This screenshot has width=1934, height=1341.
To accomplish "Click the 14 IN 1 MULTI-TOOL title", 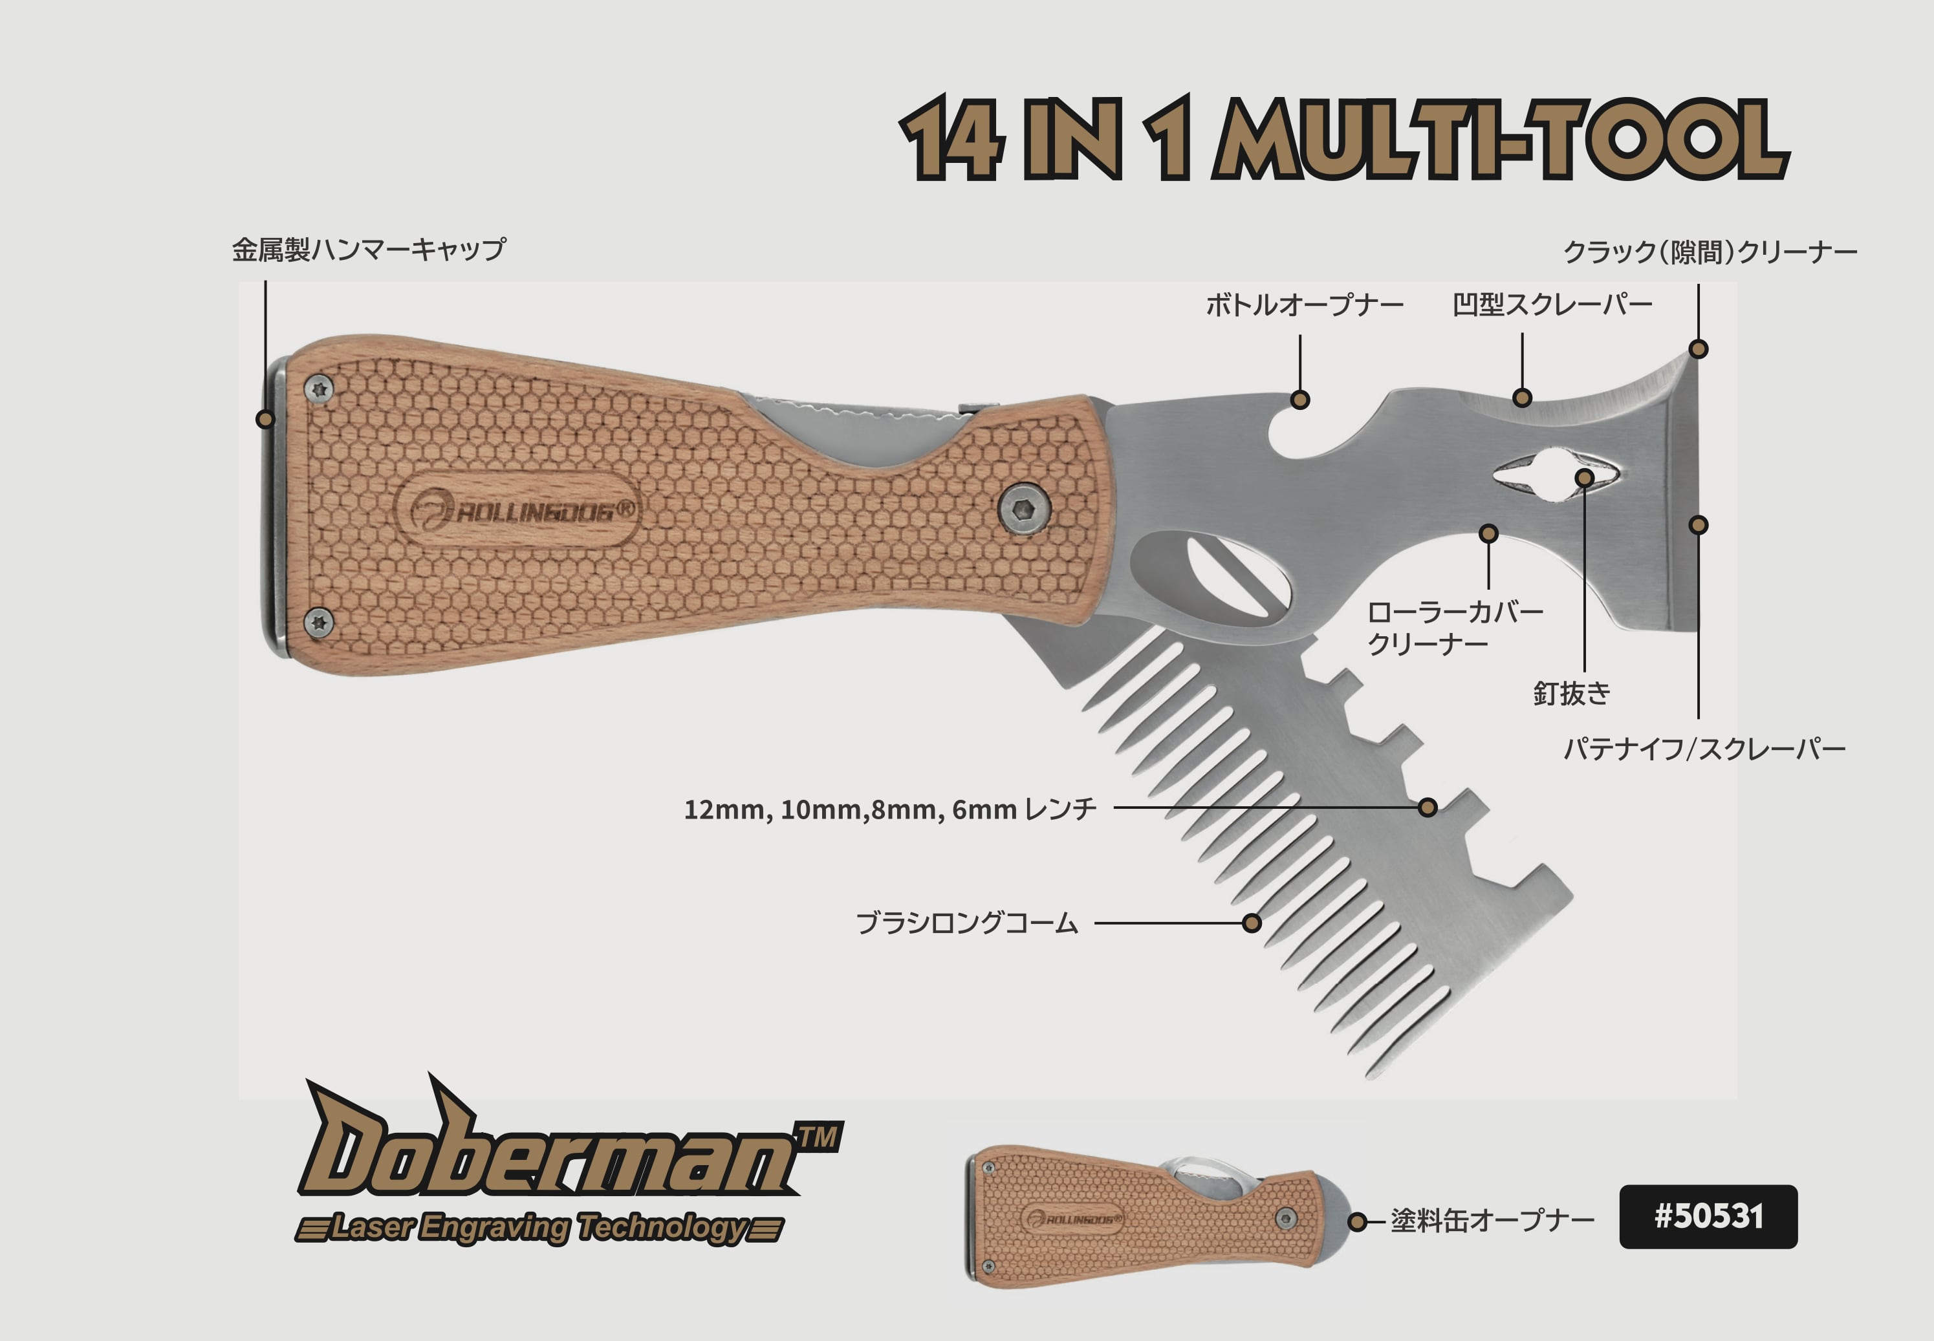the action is (1343, 138).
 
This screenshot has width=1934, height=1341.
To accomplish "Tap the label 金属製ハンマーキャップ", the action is (368, 250).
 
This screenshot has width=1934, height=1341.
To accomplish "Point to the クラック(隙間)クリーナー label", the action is (1710, 252).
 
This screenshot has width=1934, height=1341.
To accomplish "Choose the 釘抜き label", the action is (1572, 693).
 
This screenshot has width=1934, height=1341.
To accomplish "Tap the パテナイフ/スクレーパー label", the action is (1704, 749).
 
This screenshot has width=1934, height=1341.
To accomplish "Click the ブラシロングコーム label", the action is (966, 923).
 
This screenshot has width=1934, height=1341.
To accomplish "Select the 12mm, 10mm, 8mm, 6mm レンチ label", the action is (890, 809).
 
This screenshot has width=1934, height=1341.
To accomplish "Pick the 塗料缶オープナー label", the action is (1492, 1220).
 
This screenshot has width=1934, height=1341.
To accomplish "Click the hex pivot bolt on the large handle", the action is (1023, 508).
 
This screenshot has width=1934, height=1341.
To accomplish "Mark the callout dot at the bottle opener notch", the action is (1300, 400).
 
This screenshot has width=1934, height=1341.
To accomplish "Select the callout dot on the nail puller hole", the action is (1584, 478).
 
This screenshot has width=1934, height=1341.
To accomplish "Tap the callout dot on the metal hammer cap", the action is (265, 418).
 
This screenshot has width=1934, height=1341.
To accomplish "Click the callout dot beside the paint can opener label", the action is (1356, 1221).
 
